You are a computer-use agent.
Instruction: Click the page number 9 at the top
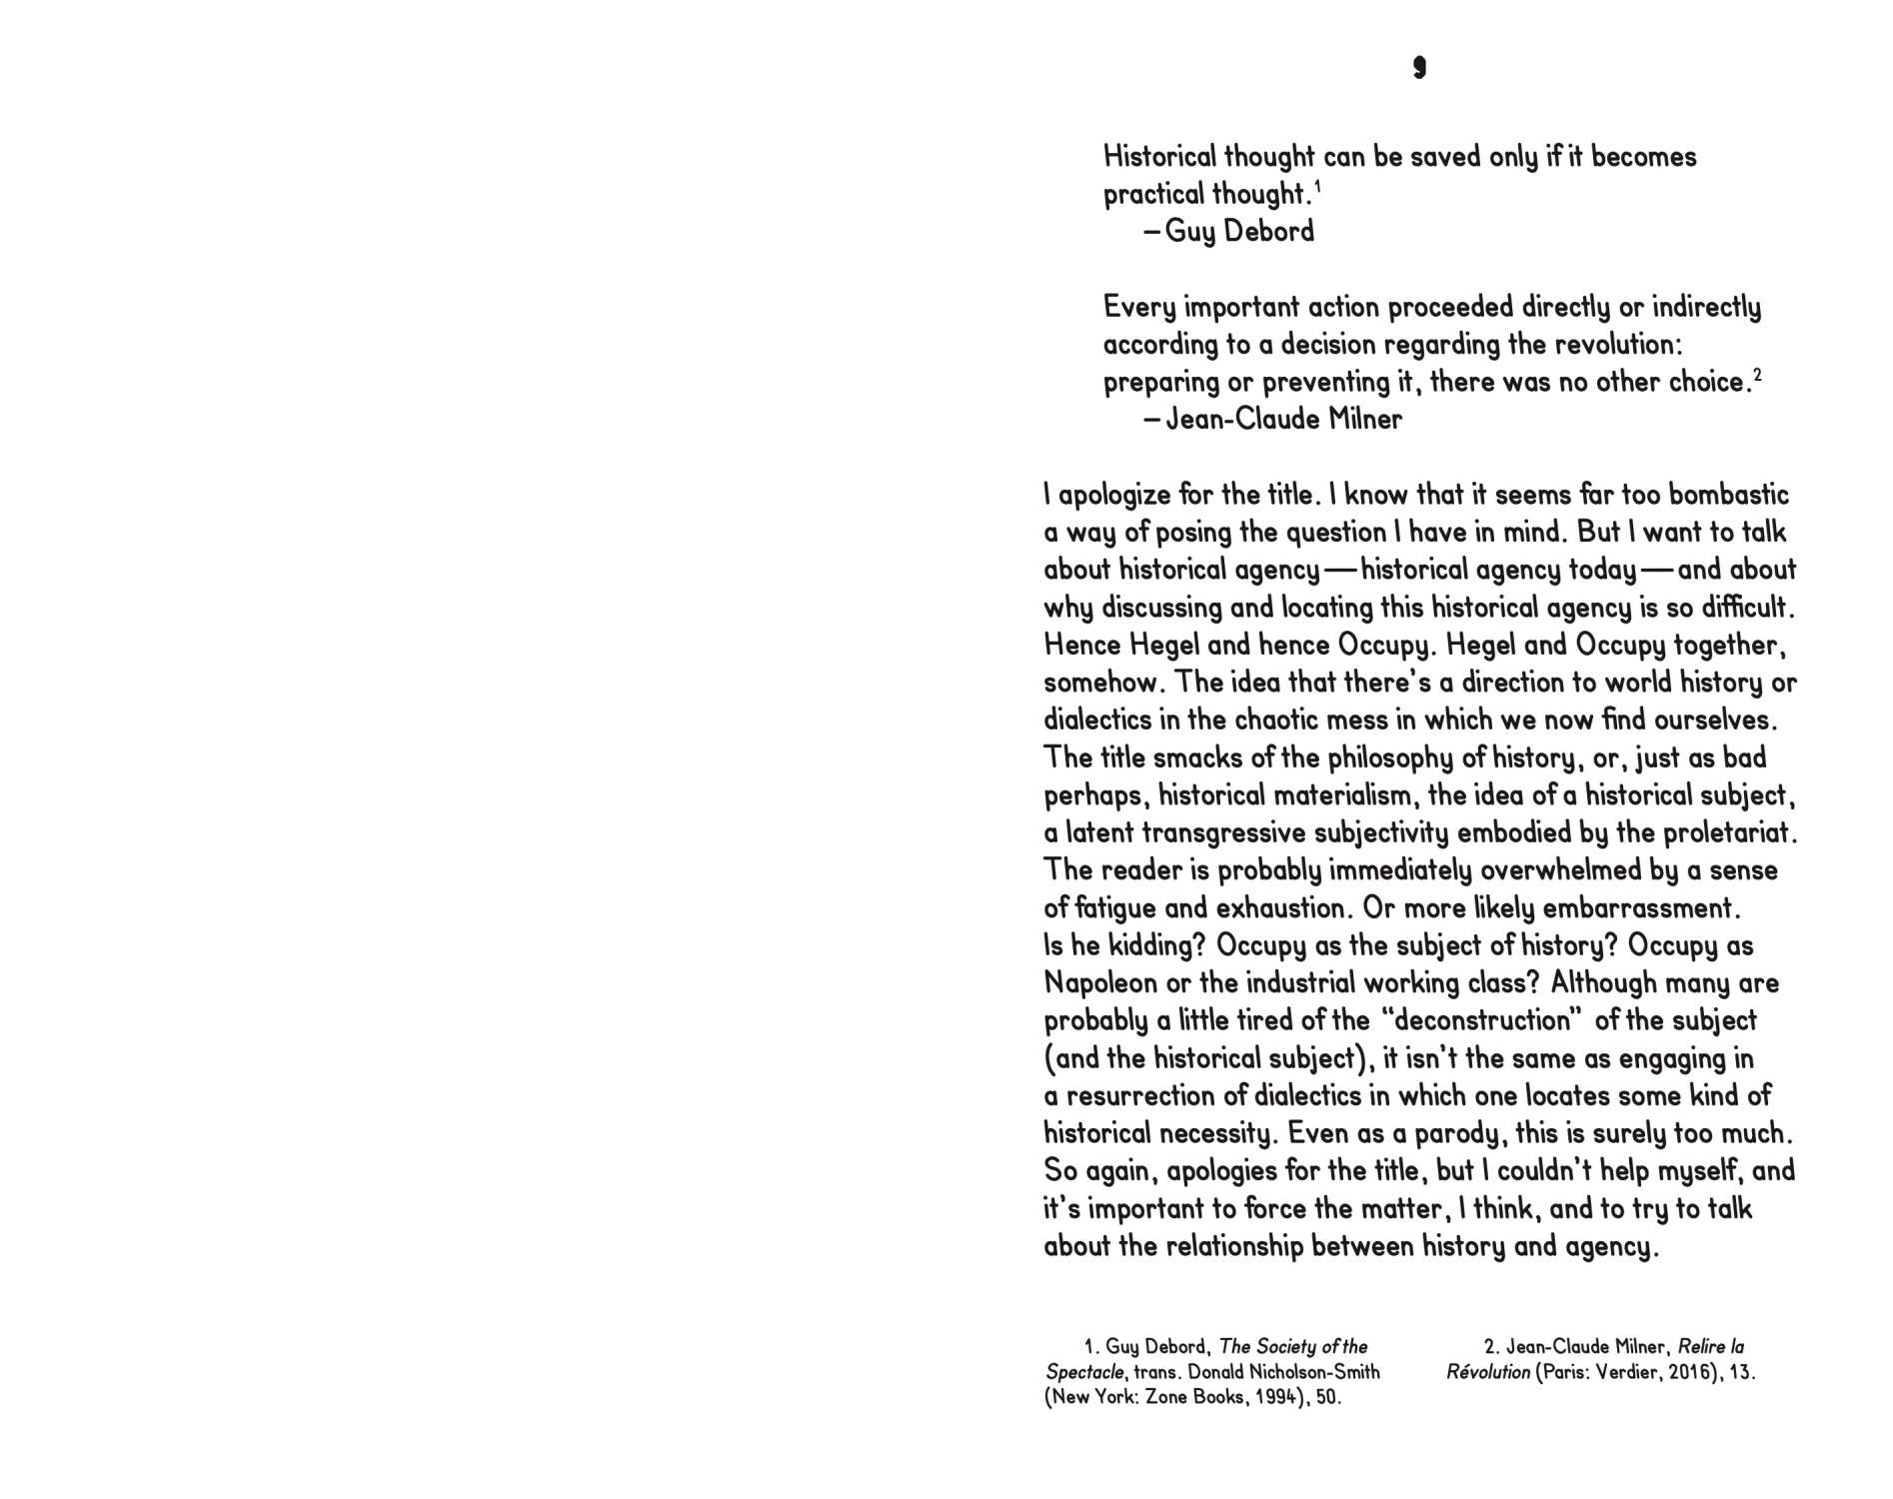(x=1419, y=68)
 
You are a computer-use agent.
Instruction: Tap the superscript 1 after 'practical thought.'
(x=1317, y=186)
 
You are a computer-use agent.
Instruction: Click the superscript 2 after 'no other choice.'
(x=1757, y=375)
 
